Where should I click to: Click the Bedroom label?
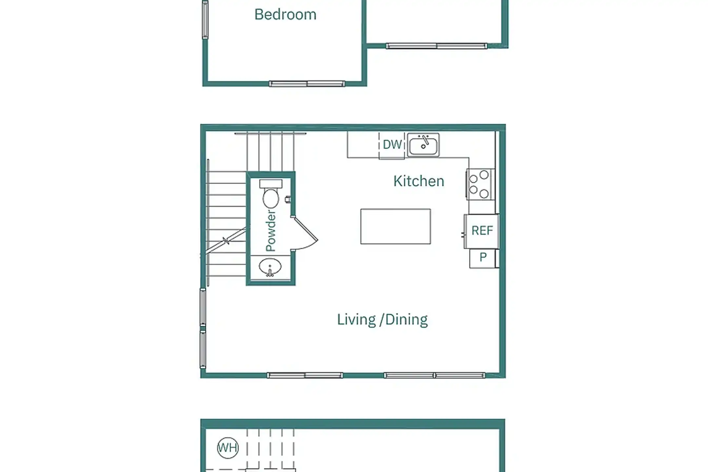click(x=285, y=14)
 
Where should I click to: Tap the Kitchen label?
click(x=419, y=181)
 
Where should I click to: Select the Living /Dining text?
click(x=382, y=320)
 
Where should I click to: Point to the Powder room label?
click(x=271, y=230)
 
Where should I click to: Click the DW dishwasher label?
click(x=392, y=145)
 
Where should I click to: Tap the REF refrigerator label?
click(x=482, y=230)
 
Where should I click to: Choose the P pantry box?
click(x=482, y=259)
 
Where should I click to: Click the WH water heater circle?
click(x=228, y=447)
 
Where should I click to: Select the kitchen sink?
click(x=423, y=145)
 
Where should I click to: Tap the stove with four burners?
click(x=480, y=184)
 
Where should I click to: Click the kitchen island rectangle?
click(x=396, y=226)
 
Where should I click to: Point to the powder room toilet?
click(x=271, y=193)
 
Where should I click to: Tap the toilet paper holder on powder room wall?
click(x=288, y=199)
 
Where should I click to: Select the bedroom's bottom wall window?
click(x=307, y=84)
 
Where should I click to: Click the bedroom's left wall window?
click(x=205, y=20)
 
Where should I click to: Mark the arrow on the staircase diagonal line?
click(x=226, y=241)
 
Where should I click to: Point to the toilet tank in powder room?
click(x=271, y=184)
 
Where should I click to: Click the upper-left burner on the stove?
click(x=473, y=179)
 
